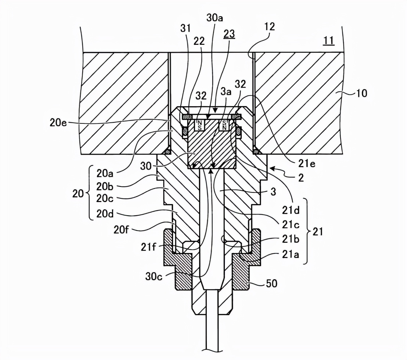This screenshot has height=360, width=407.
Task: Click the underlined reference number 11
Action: point(329,41)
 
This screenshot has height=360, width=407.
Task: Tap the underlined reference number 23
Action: point(229,34)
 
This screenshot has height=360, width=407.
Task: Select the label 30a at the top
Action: point(215,18)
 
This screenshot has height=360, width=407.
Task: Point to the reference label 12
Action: point(269,26)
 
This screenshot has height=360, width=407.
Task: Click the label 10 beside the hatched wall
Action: point(361,93)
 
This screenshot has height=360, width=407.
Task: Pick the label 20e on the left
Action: point(58,122)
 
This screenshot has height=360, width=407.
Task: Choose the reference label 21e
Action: point(307,163)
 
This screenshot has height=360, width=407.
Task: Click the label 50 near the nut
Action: point(271,284)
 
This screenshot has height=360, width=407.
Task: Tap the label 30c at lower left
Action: point(154,276)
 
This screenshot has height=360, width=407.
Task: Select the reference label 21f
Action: point(148,247)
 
